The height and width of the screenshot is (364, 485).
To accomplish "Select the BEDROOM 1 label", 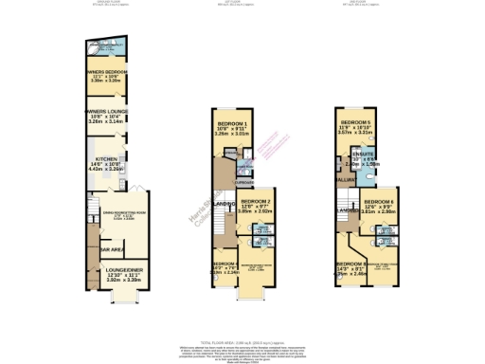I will pos(233,124).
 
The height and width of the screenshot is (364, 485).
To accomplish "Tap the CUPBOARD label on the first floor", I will pos(244,184).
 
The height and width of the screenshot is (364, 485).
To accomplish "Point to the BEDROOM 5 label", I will pos(355,123).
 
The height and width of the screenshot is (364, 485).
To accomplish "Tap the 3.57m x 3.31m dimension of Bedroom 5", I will pos(355,135).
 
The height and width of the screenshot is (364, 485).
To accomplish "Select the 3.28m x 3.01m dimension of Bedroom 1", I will pos(233,135).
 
